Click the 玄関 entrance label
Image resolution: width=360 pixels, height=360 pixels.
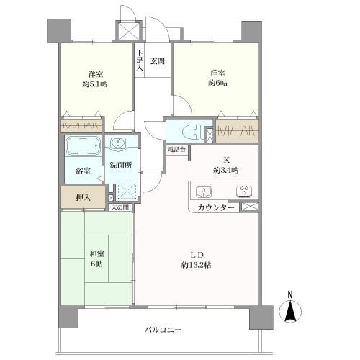coord(158,62)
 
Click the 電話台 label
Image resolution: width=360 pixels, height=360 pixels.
coord(176,150)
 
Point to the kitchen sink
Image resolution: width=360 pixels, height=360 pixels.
coord(202,192)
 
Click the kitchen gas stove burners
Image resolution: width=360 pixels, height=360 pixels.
coord(243,192)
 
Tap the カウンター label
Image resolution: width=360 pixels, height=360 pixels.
coord(215,207)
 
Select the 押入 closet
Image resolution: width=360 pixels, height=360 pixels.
coord(84,197)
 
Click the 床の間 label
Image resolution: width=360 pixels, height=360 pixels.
coord(120,208)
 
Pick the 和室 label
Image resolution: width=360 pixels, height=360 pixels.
coord(96,253)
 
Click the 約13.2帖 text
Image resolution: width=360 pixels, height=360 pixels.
coord(196,265)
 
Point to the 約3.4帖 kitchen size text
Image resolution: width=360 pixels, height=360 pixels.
coord(225,170)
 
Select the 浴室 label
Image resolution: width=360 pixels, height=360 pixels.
coord(83,171)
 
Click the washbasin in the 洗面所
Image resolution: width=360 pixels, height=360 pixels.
coord(120,142)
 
